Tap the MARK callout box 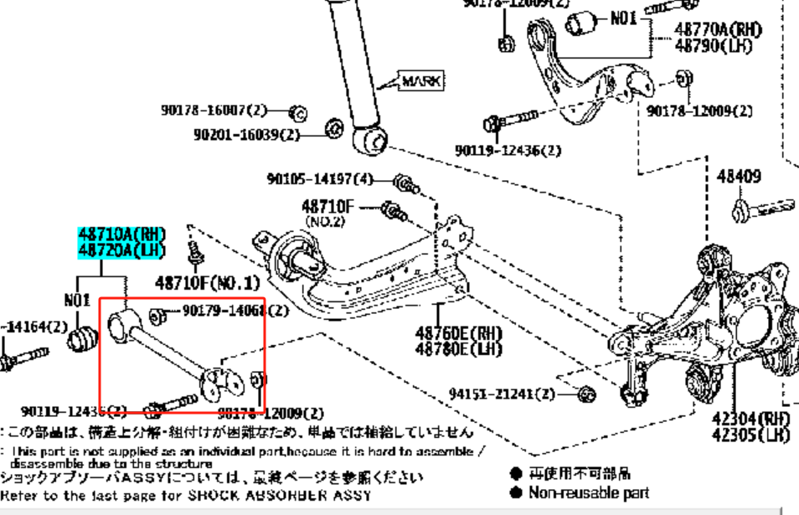click(421, 81)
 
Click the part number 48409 click(740, 177)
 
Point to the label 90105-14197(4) click(321, 179)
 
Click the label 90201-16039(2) click(247, 134)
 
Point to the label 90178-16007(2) click(214, 110)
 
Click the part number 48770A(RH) click(719, 30)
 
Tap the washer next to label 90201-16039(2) click(332, 128)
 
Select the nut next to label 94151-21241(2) click(586, 393)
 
